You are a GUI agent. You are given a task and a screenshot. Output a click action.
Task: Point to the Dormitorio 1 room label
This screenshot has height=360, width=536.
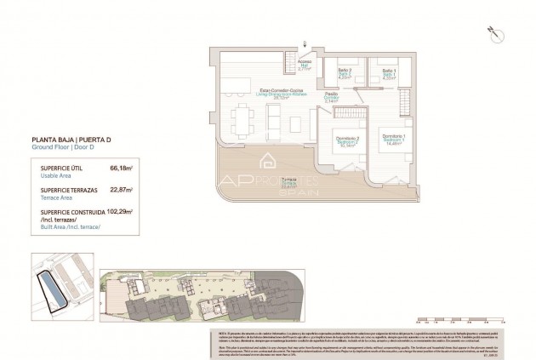[x=392, y=140]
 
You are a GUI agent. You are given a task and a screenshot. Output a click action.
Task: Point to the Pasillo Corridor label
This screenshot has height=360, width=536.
[x=331, y=98]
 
